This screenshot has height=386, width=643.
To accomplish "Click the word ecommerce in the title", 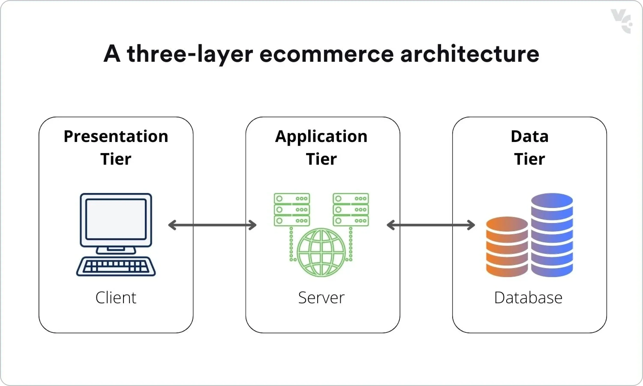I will (326, 54).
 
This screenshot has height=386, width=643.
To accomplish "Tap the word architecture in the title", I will (470, 54).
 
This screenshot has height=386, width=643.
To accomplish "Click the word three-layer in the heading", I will (190, 54).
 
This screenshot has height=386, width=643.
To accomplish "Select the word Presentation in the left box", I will (116, 136).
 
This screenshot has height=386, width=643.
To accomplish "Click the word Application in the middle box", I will (321, 136).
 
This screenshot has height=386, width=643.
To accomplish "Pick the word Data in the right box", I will (529, 136).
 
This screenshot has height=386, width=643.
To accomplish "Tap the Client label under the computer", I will (116, 298).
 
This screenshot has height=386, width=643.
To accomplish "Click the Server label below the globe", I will (321, 298).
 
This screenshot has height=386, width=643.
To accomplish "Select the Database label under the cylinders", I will (528, 298).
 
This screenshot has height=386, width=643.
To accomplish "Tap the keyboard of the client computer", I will (116, 266).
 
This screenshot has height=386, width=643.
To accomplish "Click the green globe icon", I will (321, 252).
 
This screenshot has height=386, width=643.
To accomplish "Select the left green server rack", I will (292, 209).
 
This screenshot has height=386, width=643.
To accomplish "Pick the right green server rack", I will (351, 209).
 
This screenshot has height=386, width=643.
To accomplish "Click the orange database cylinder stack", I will (507, 247).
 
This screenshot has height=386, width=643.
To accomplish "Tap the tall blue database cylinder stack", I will (552, 235).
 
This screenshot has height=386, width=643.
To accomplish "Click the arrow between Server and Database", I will (431, 225).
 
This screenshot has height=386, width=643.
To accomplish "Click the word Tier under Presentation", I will (116, 159).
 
